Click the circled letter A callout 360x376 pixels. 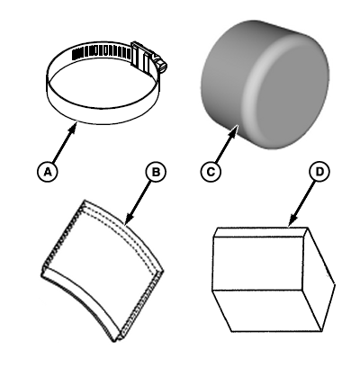click(x=47, y=172)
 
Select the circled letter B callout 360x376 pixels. click(x=156, y=172)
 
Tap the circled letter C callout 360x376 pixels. click(x=211, y=172)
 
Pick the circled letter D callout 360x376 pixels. click(x=319, y=172)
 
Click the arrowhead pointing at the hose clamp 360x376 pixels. click(x=73, y=130)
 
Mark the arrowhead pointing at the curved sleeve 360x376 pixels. click(x=130, y=218)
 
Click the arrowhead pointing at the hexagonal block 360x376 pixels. click(x=292, y=220)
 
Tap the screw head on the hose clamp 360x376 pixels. click(x=162, y=65)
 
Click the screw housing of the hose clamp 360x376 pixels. click(x=144, y=58)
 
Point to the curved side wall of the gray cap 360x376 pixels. click(x=225, y=75)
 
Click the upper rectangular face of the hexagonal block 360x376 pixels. click(x=257, y=264)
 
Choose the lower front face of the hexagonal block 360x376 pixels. click(x=267, y=310)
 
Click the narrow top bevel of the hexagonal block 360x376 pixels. click(x=261, y=232)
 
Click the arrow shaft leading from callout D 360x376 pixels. click(x=303, y=201)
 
